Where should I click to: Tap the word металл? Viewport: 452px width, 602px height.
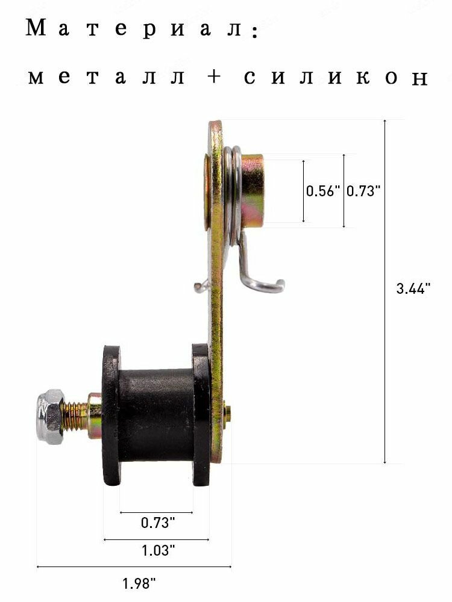(x=107, y=76)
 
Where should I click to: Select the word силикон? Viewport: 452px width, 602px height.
(x=336, y=77)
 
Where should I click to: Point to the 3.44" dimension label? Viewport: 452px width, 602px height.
(x=413, y=288)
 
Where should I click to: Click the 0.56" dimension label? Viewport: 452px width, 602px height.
(x=323, y=191)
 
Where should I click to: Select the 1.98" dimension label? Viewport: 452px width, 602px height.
(x=139, y=584)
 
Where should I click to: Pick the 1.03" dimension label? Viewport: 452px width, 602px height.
(x=158, y=551)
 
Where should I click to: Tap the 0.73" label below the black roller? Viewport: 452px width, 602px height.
(x=157, y=523)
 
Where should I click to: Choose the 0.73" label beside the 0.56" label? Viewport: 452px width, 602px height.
(x=363, y=191)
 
